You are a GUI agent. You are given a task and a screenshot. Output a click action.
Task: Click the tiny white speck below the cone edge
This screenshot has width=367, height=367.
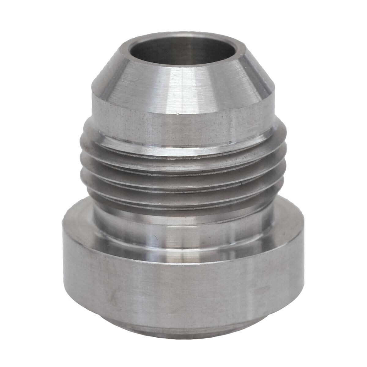click(x=178, y=114)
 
